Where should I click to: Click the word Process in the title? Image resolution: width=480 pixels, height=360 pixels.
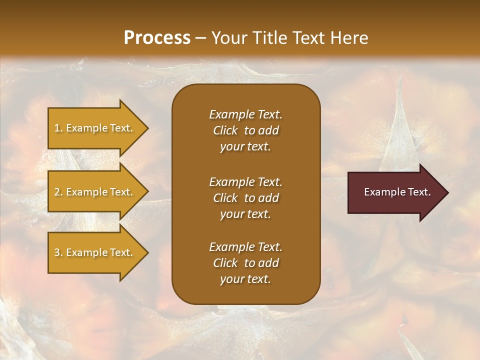(x=157, y=38)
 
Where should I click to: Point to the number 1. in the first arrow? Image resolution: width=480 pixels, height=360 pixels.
(x=58, y=128)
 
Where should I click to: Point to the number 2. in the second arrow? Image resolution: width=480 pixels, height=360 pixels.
(x=58, y=192)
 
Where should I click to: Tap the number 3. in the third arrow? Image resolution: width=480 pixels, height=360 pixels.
(x=58, y=252)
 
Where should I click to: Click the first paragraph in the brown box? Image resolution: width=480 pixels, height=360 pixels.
(x=245, y=130)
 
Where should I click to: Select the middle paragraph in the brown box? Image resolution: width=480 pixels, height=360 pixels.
(x=245, y=198)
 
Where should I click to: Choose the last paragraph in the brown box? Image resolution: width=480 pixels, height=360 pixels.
(x=245, y=263)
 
